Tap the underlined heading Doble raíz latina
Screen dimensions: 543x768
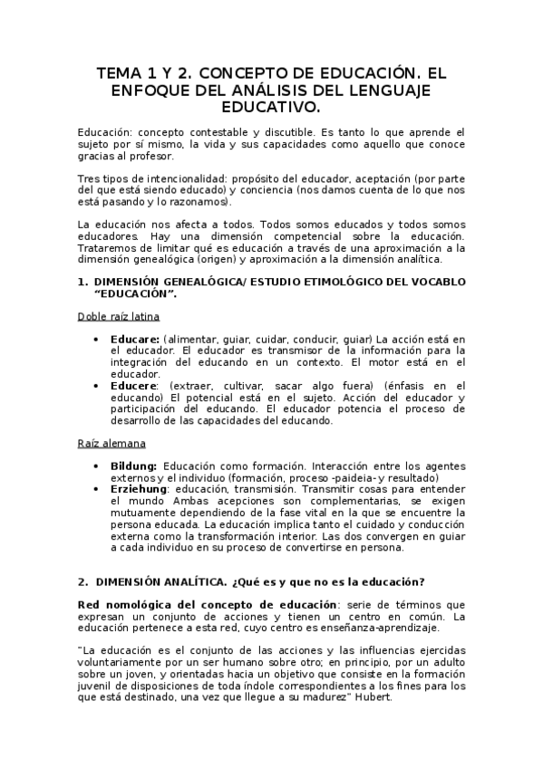coord(118,316)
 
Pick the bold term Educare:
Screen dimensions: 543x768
coord(134,338)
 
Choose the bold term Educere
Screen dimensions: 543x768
coord(132,385)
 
